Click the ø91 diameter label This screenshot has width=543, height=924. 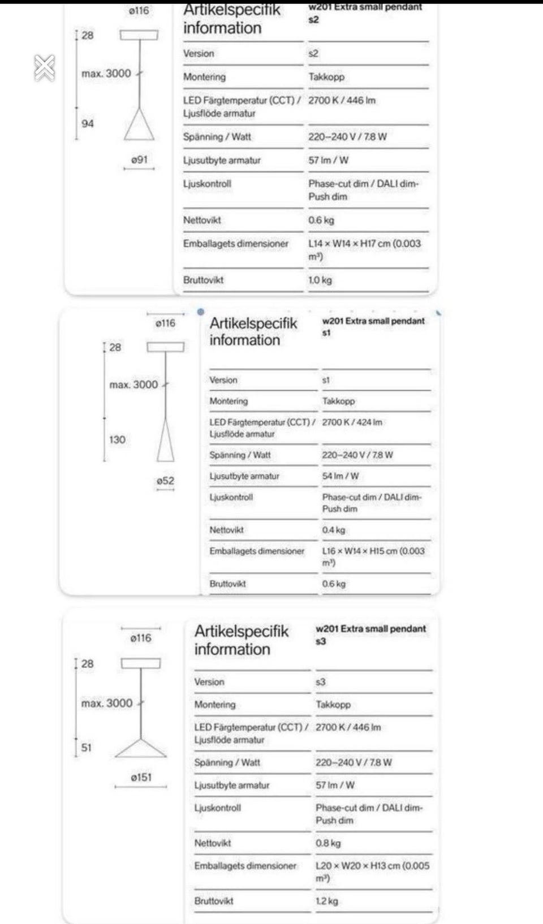[139, 160]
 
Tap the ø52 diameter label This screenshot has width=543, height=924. [165, 481]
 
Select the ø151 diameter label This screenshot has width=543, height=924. [141, 778]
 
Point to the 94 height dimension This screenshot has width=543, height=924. [88, 124]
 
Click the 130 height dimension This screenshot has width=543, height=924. [117, 439]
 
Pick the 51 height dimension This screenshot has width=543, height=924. [86, 748]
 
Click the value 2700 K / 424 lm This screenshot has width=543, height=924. [352, 422]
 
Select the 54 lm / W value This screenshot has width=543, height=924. [341, 476]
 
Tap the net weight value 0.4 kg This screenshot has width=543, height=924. [333, 530]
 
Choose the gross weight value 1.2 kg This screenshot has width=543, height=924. [326, 901]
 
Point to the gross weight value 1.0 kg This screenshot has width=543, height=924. [320, 280]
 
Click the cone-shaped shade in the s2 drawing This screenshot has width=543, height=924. [139, 126]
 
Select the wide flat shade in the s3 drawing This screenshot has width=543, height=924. [141, 749]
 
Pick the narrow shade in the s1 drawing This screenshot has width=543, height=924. [166, 442]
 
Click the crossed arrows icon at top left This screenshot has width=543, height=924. [45, 68]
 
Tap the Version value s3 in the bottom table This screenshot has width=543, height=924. [321, 682]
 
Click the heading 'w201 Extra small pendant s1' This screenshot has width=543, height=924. [373, 326]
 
